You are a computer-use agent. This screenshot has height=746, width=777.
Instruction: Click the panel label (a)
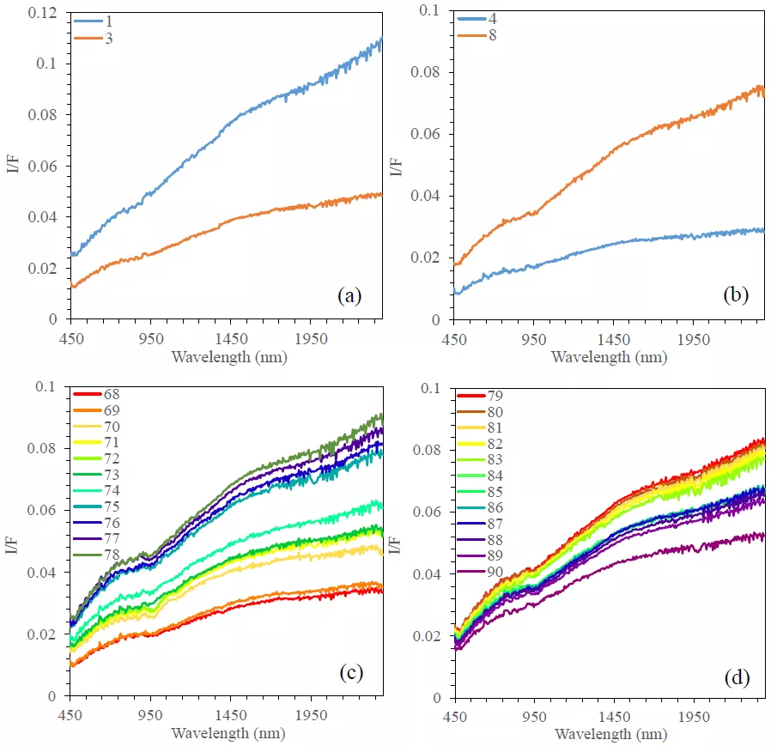349,296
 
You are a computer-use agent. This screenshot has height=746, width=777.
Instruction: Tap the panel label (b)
735,296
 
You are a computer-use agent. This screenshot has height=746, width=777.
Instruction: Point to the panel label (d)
735,676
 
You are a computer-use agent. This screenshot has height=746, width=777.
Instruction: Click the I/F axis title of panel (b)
397,166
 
